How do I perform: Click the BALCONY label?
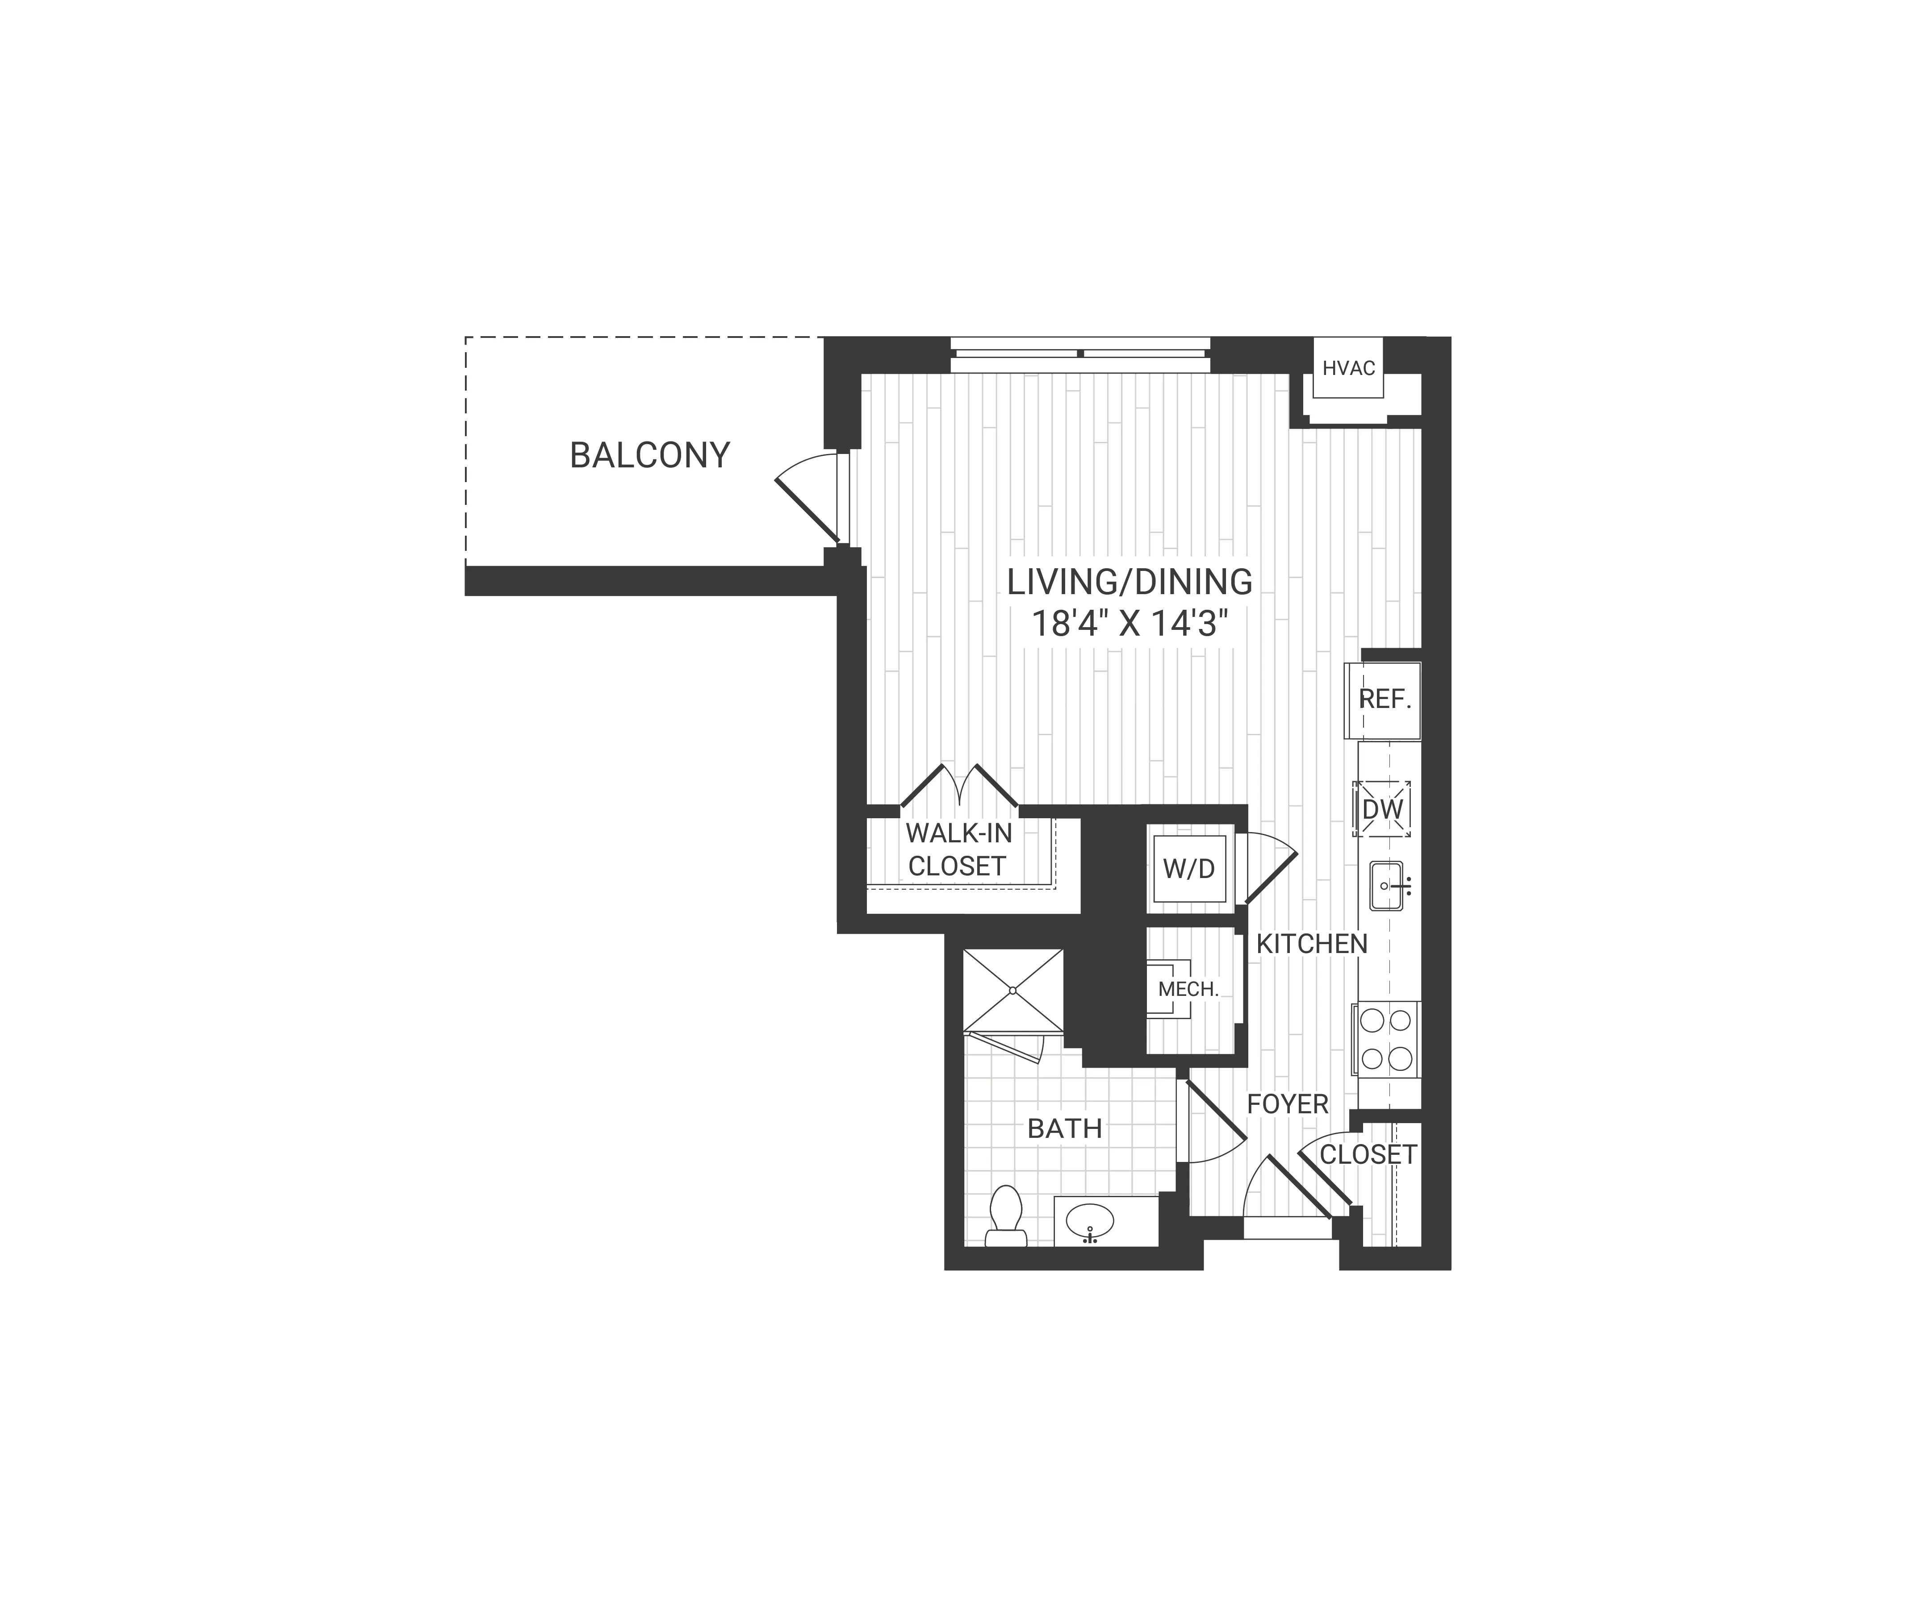point(650,455)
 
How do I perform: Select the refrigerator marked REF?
point(1384,699)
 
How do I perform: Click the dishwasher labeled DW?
point(1382,809)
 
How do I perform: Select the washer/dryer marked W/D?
point(1189,869)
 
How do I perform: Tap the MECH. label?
point(1188,989)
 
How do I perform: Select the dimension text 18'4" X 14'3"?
point(1130,625)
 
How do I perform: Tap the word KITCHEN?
point(1311,944)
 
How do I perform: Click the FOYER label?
point(1287,1103)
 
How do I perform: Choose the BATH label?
point(1065,1128)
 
